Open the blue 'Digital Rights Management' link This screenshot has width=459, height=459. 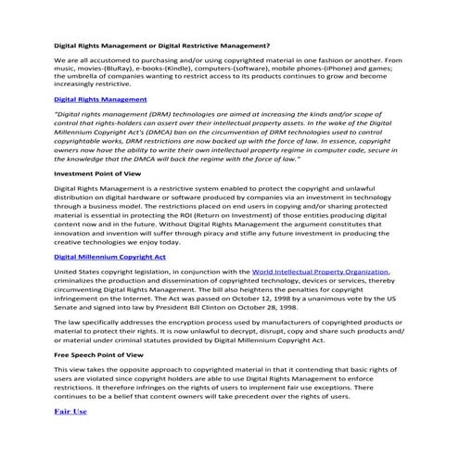(100, 97)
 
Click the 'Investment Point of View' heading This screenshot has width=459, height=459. (96, 173)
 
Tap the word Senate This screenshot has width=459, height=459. (67, 303)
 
